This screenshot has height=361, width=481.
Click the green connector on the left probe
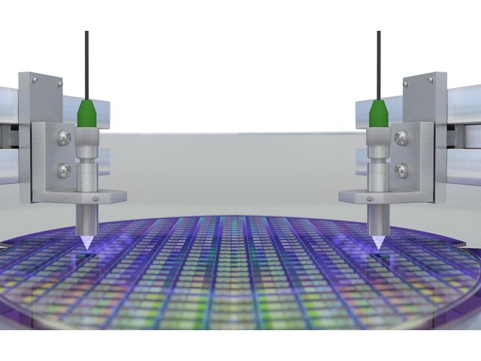[x=87, y=114]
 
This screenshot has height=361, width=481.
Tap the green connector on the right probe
[x=378, y=114]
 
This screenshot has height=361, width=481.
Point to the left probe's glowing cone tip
[x=87, y=242]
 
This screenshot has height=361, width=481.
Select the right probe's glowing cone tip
[x=378, y=242]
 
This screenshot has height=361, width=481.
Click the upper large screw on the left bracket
[x=65, y=138]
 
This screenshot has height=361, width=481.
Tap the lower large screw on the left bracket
[x=65, y=171]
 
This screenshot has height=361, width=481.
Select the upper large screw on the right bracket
[x=401, y=138]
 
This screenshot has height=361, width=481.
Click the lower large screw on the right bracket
[x=401, y=171]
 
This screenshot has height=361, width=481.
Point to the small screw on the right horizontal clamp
[x=369, y=199]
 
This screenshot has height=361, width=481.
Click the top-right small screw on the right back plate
[x=433, y=78]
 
